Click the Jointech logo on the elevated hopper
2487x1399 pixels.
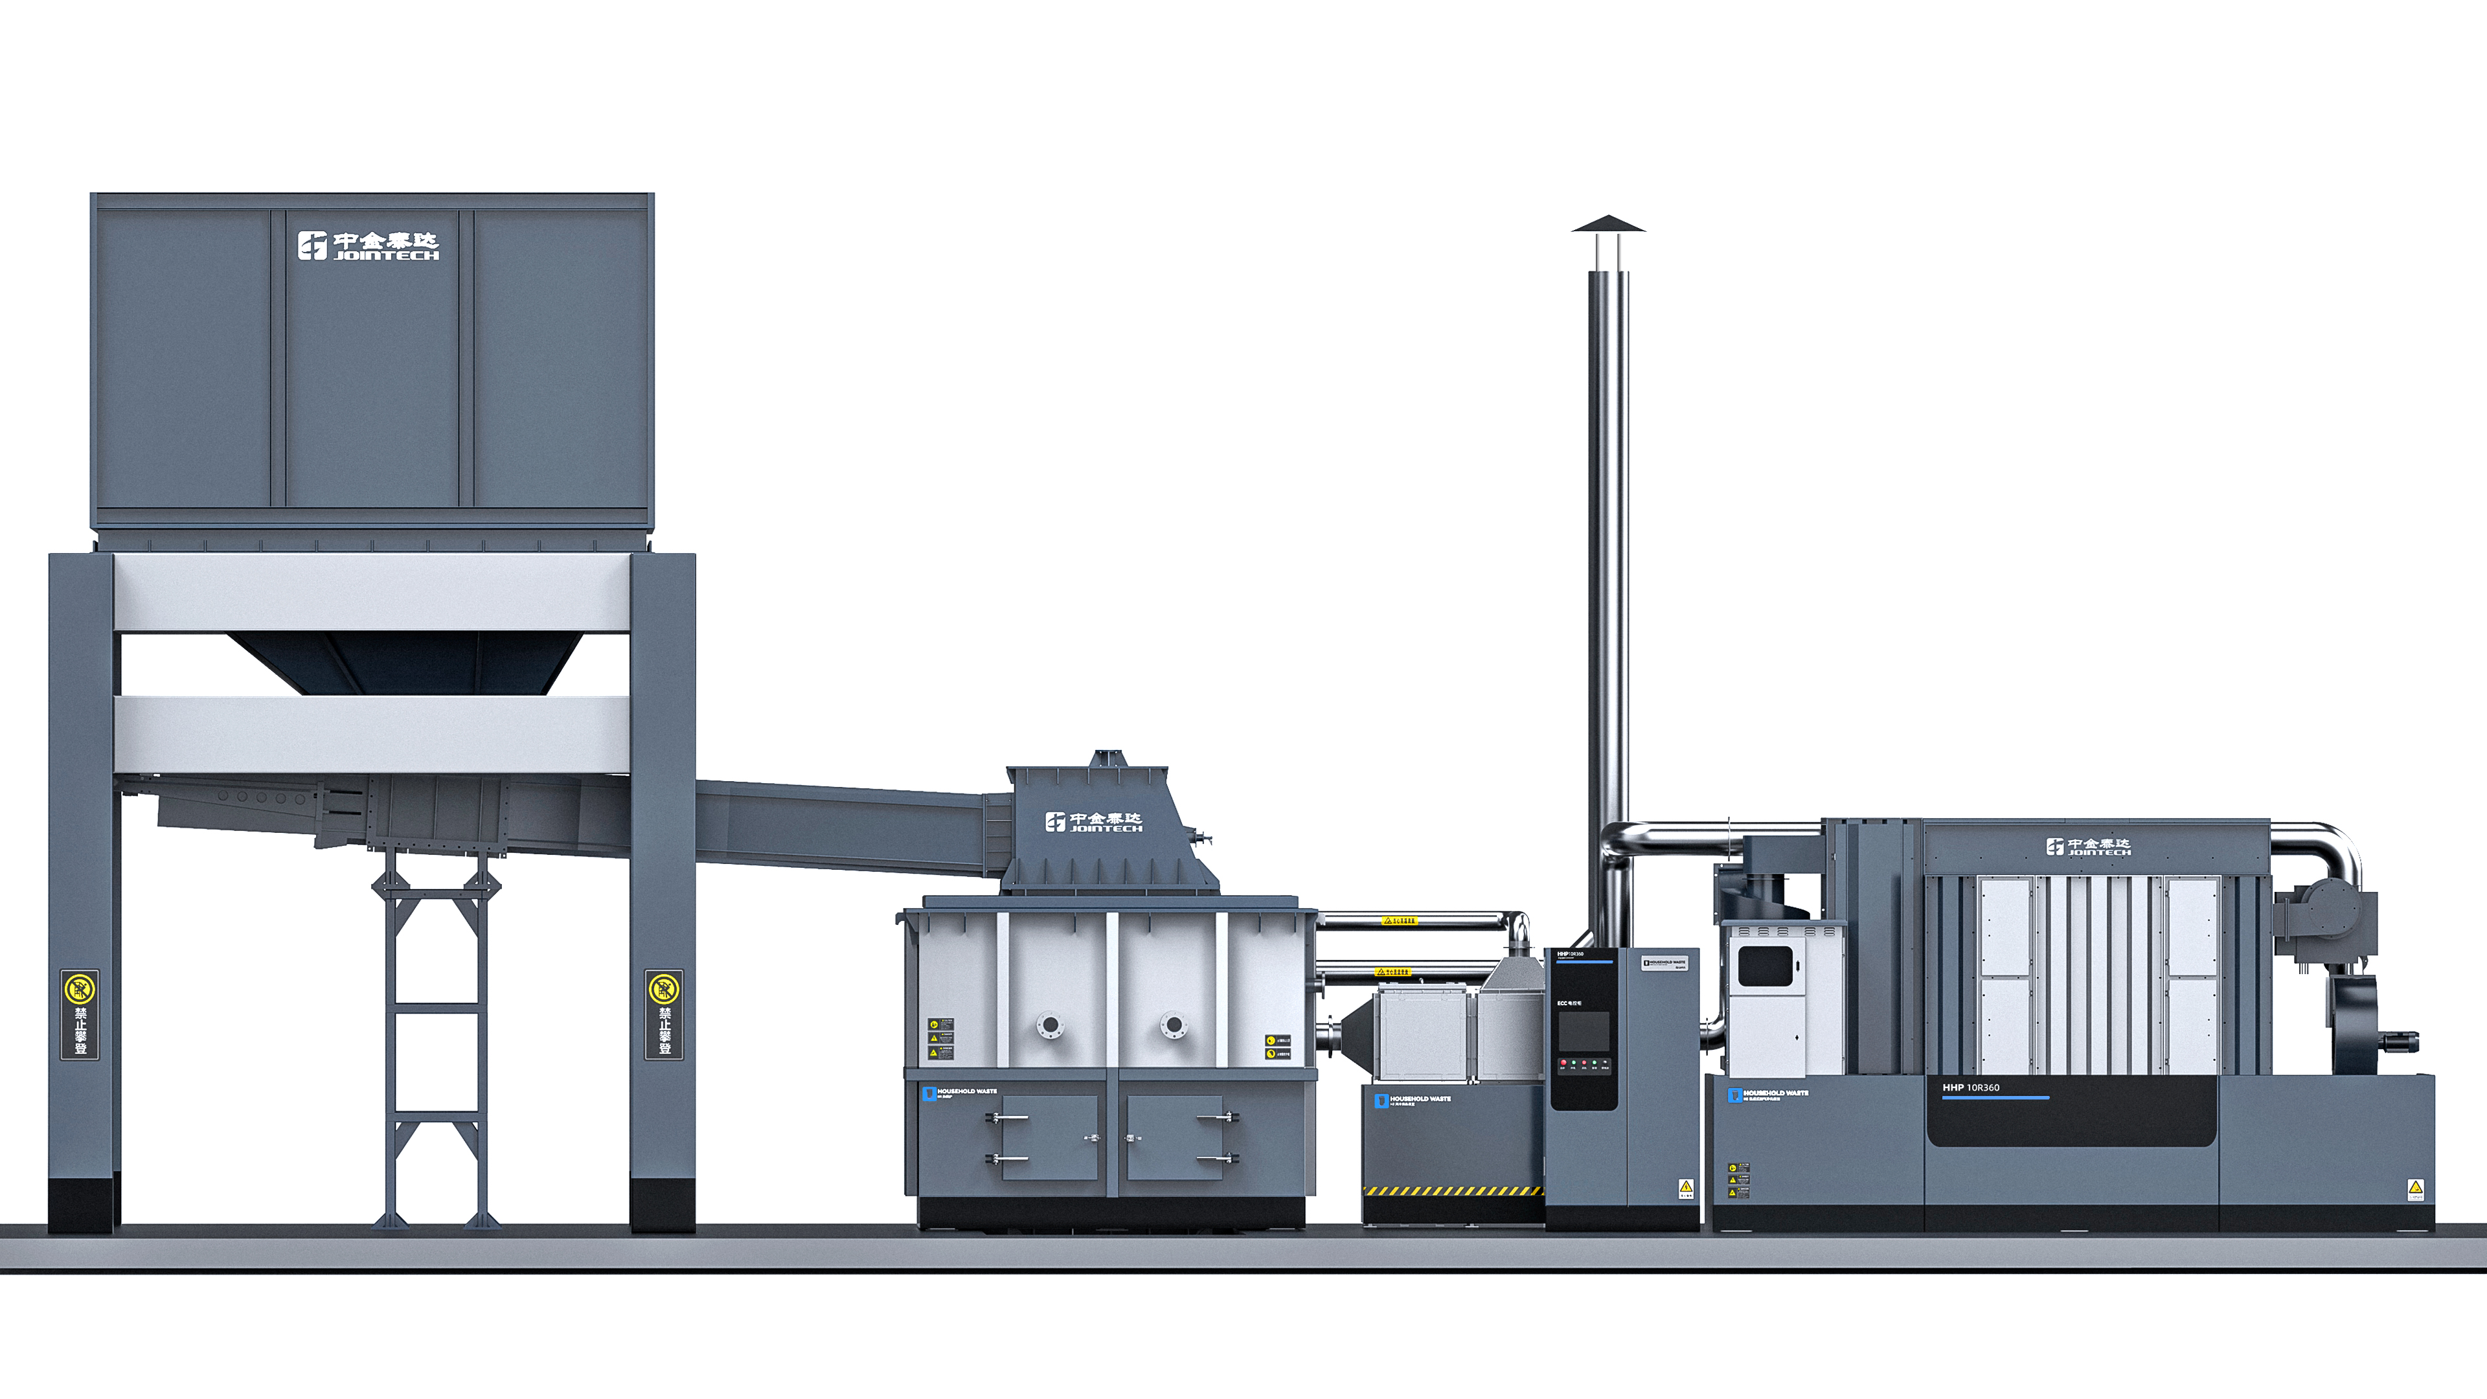[x=368, y=245]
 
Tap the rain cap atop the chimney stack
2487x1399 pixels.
[x=1607, y=225]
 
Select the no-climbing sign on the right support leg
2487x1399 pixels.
[x=664, y=1014]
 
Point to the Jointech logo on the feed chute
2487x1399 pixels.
[x=1093, y=822]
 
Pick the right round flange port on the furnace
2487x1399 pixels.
[x=1173, y=1025]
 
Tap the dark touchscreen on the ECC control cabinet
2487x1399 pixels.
[x=1584, y=1031]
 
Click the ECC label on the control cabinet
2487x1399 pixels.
[x=1569, y=1003]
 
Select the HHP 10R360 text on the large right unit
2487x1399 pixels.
[x=1970, y=1087]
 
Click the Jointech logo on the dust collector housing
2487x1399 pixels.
[x=2088, y=847]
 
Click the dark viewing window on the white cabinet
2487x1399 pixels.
[x=1765, y=966]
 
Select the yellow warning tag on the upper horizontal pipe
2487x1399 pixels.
[x=1398, y=921]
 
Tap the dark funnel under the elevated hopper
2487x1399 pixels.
[x=403, y=663]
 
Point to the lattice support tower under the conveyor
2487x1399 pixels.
[x=435, y=1038]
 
